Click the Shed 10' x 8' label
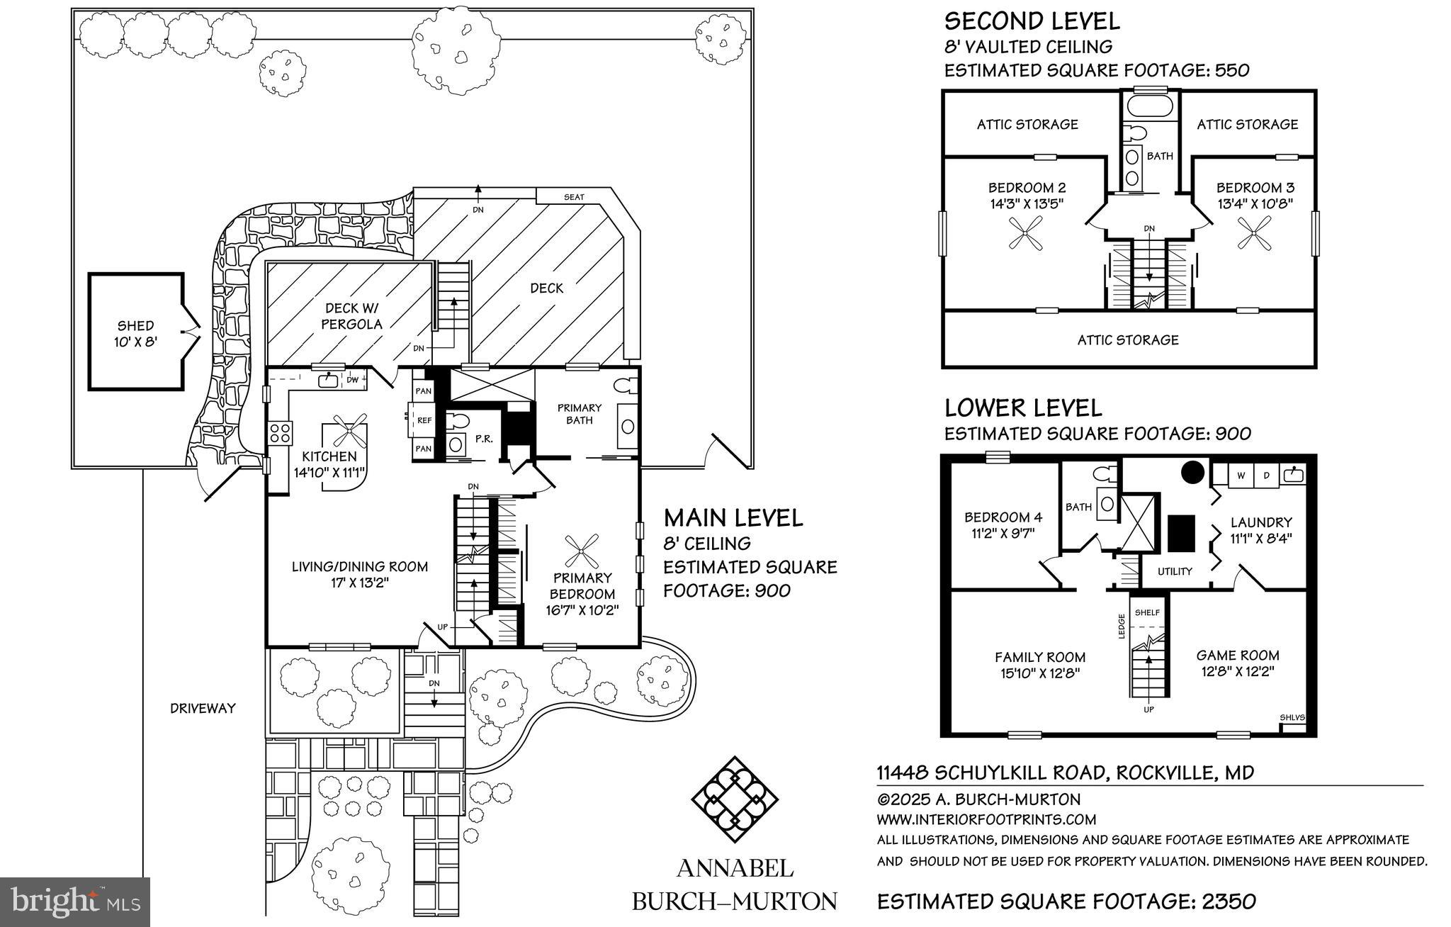click(x=135, y=333)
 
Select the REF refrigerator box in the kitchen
click(x=424, y=420)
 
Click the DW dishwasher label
click(x=352, y=380)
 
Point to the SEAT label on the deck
click(x=574, y=196)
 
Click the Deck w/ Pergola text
click(x=353, y=316)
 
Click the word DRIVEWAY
click(x=203, y=707)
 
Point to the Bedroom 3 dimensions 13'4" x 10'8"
click(x=1255, y=203)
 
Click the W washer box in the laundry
click(x=1241, y=476)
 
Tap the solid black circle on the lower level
click(x=1192, y=472)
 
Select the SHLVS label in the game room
click(x=1292, y=717)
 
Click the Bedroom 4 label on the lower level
click(x=1003, y=517)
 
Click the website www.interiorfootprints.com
click(x=986, y=819)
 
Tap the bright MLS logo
click(x=74, y=901)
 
